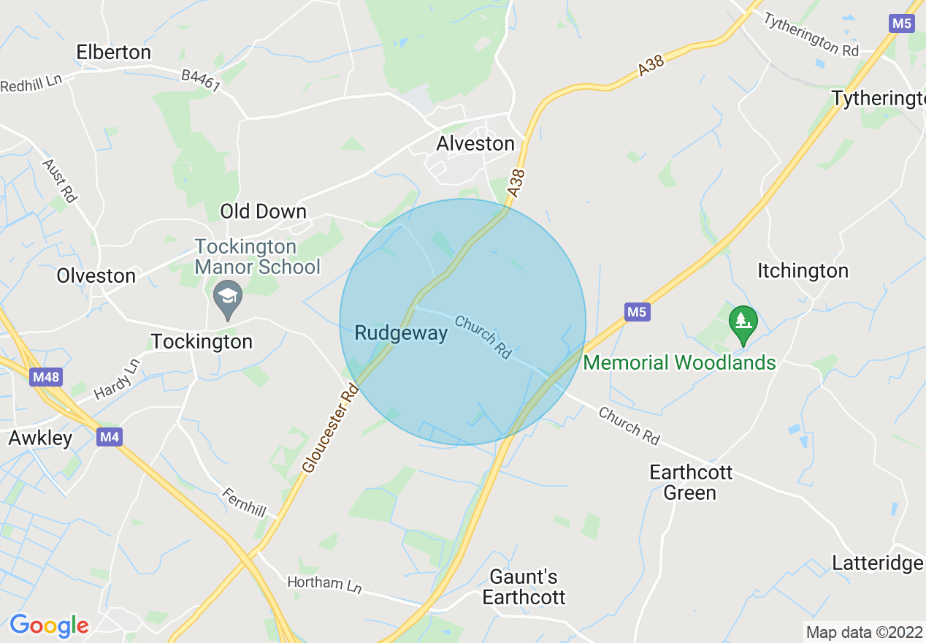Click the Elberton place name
(x=114, y=53)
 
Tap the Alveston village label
(x=475, y=144)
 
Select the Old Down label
(x=263, y=212)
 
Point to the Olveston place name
(x=96, y=276)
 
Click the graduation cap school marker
(x=228, y=297)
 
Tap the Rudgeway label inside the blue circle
(x=400, y=334)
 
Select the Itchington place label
(x=803, y=271)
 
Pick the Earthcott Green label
(x=691, y=482)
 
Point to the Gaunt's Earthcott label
(x=524, y=587)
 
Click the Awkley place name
(x=40, y=438)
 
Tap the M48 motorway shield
(x=47, y=378)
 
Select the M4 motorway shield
(x=109, y=437)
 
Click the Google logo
(x=49, y=625)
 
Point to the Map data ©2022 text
(x=863, y=632)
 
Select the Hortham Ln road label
(x=324, y=584)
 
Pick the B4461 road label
(x=201, y=80)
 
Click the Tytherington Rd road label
(x=811, y=34)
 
